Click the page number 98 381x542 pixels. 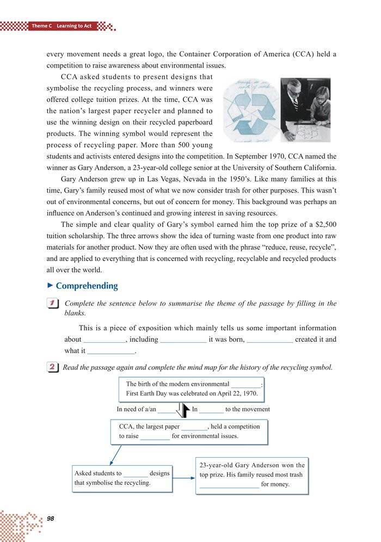click(x=51, y=517)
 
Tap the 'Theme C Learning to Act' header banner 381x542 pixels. click(x=60, y=26)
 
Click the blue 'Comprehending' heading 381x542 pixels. click(x=87, y=286)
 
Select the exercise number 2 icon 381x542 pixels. click(x=53, y=368)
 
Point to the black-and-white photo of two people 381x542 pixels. click(x=306, y=109)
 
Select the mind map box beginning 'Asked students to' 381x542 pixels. click(x=122, y=478)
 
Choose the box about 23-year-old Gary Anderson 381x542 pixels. click(x=252, y=475)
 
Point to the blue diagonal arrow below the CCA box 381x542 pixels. click(x=115, y=453)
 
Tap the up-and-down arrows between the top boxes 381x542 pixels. click(x=182, y=410)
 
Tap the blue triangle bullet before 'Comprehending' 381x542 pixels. click(x=50, y=286)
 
